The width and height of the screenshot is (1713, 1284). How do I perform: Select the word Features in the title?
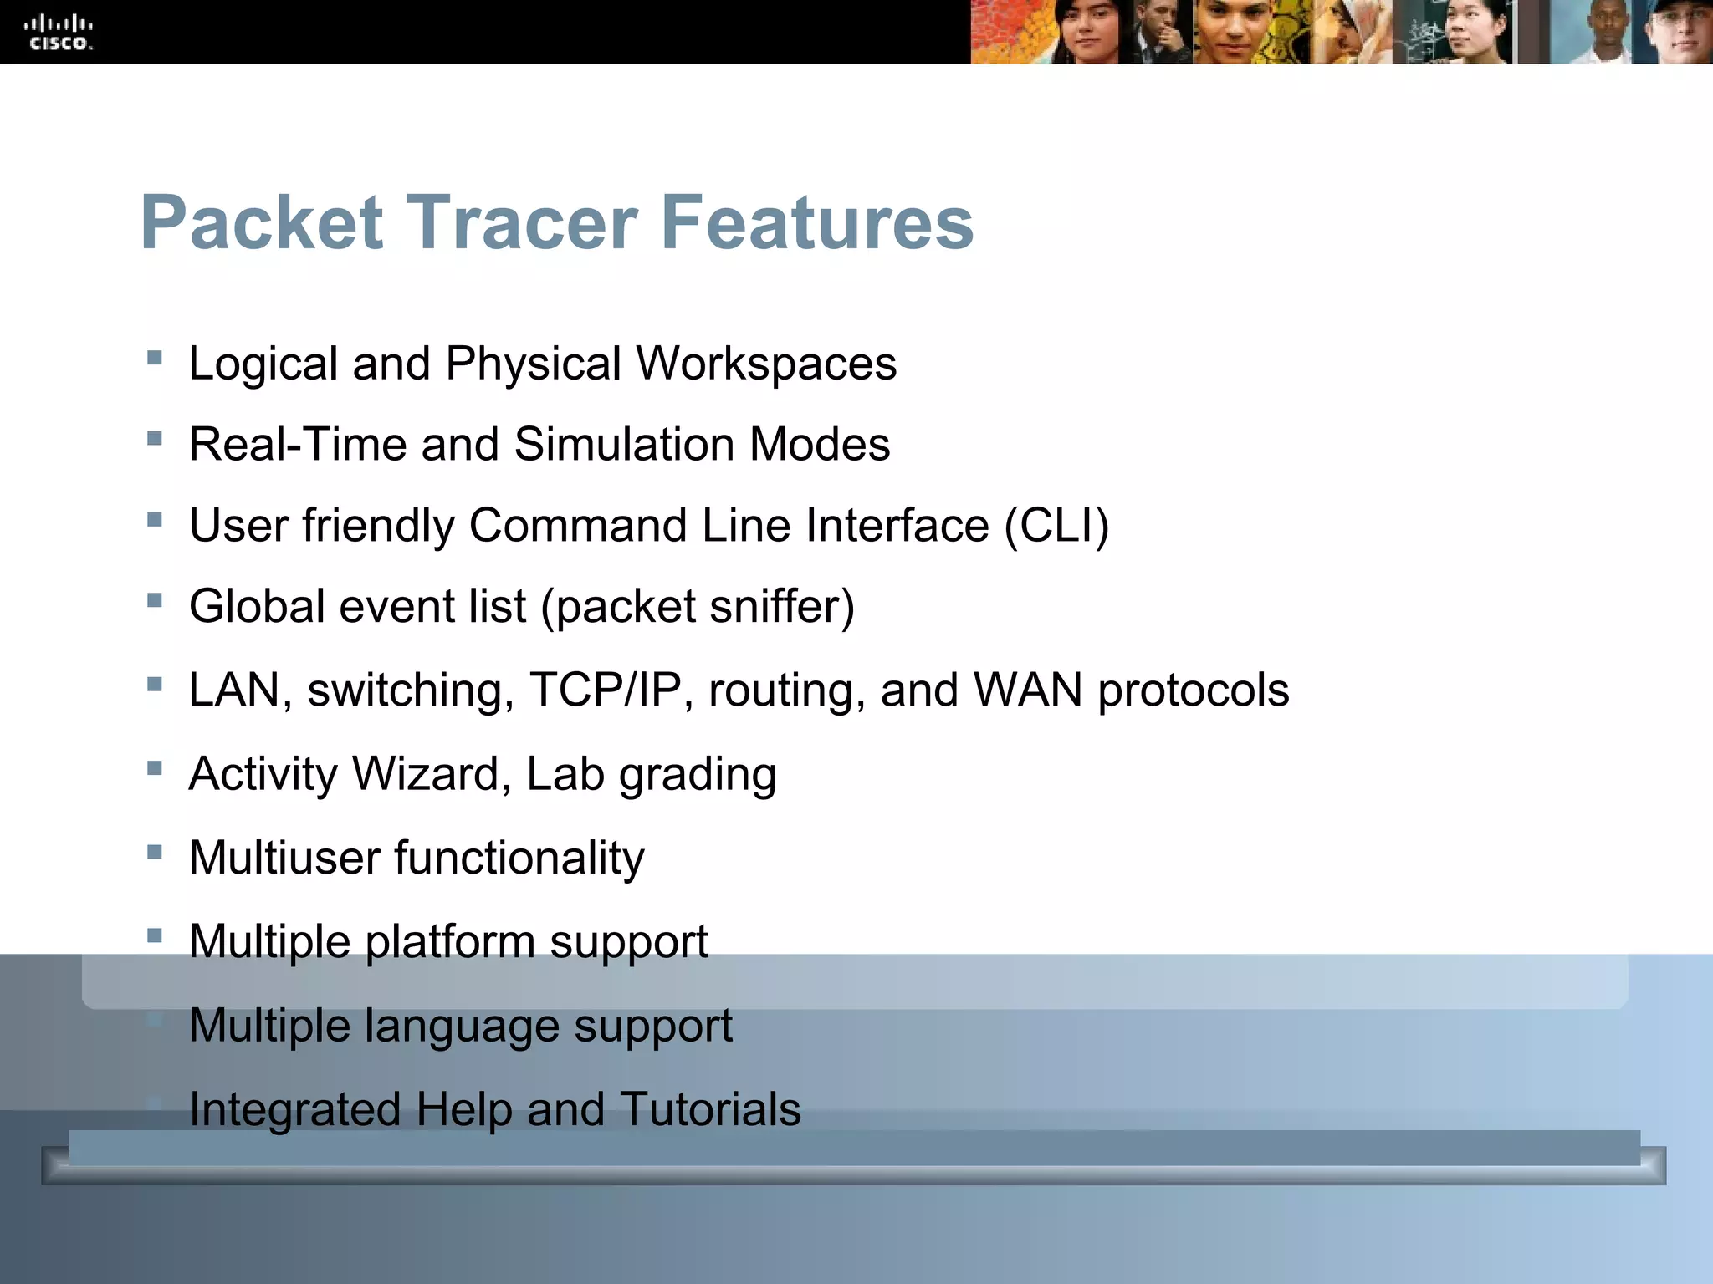(x=817, y=223)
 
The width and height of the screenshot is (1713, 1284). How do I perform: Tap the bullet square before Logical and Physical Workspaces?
(x=154, y=358)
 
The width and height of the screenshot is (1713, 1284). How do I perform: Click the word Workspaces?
(x=766, y=364)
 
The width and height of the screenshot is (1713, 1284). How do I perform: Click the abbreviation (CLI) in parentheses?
(x=1056, y=526)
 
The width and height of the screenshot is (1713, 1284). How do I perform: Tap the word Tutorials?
(x=710, y=1109)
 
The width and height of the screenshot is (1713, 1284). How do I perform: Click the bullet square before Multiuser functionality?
(x=154, y=853)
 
